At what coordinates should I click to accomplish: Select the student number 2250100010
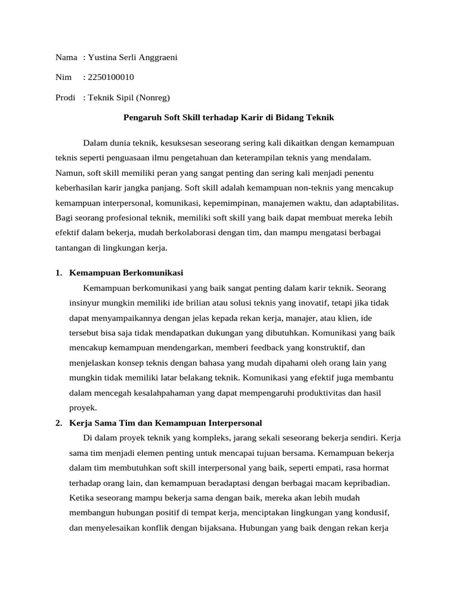click(110, 77)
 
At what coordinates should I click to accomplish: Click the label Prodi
click(65, 98)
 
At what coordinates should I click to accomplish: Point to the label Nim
click(63, 77)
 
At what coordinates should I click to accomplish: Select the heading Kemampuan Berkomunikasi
click(126, 273)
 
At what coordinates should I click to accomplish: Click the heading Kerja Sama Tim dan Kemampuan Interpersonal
click(165, 423)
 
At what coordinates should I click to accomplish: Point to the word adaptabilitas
click(371, 203)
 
